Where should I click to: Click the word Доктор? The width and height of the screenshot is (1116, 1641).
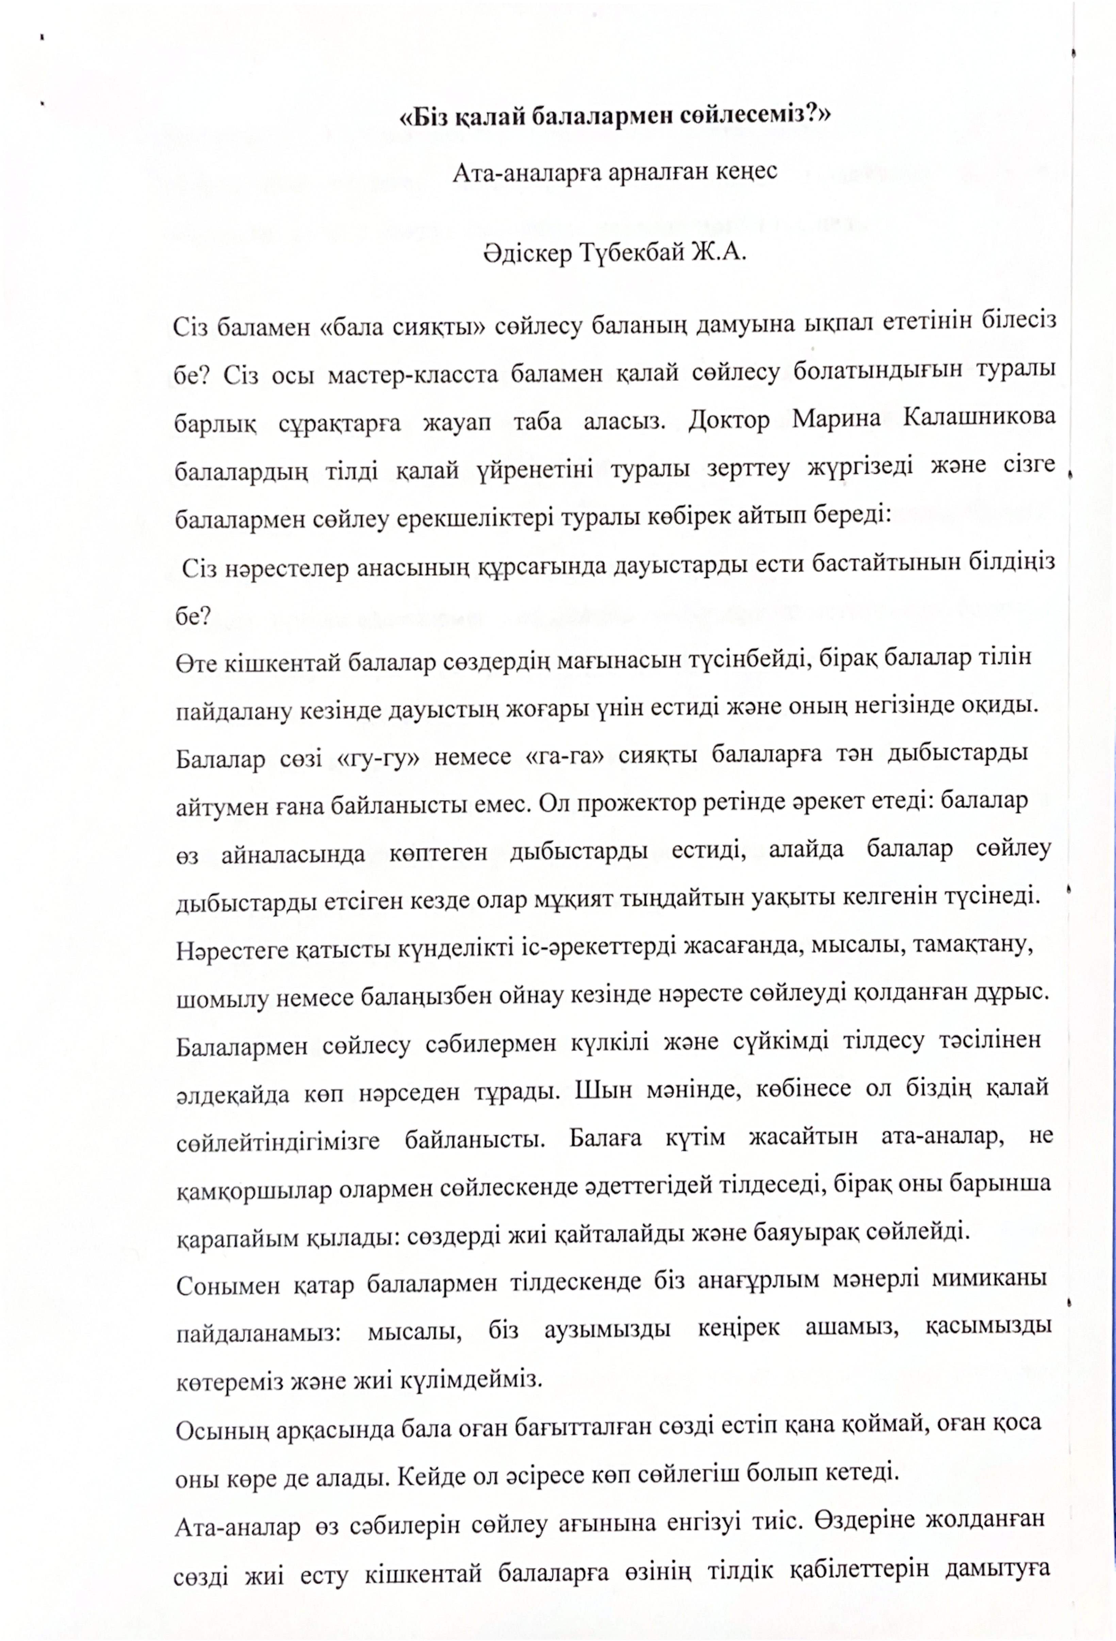pos(728,419)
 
